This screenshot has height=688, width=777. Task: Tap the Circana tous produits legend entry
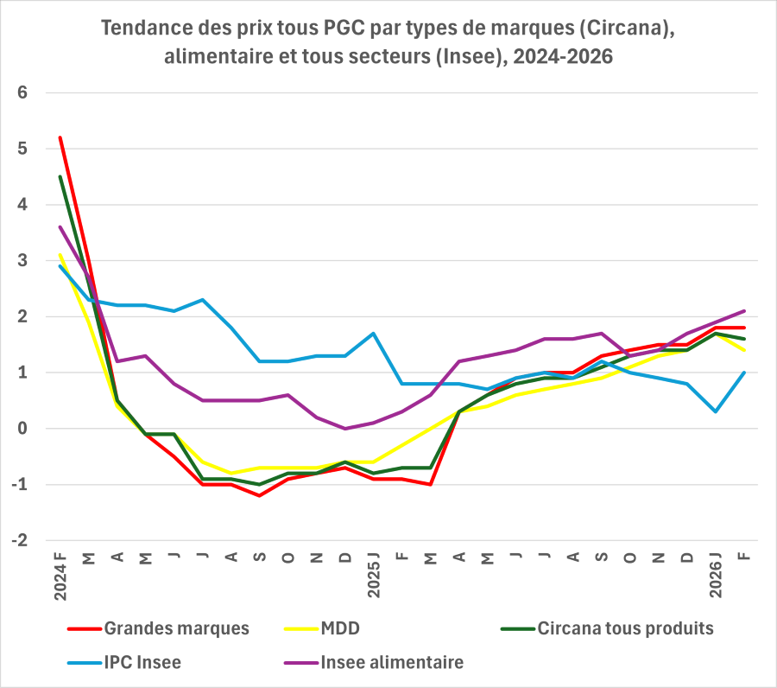click(625, 628)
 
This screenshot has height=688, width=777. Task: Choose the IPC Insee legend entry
click(142, 663)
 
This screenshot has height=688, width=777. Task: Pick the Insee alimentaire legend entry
click(392, 663)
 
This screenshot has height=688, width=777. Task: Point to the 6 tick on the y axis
click(23, 92)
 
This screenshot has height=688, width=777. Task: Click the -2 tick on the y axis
click(21, 540)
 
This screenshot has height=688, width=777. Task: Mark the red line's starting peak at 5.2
click(60, 137)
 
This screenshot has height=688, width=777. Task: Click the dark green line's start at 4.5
click(60, 176)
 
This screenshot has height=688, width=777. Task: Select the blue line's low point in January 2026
click(716, 411)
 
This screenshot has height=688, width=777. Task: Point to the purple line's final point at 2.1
click(744, 311)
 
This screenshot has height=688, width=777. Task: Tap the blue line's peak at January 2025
click(373, 333)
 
